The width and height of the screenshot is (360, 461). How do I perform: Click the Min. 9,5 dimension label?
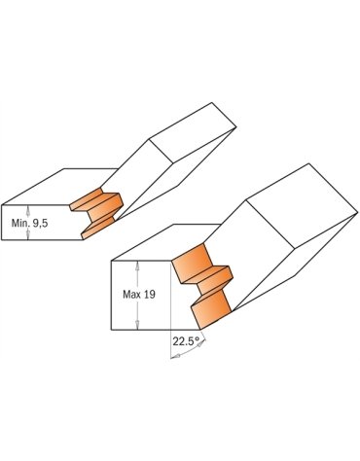(29, 223)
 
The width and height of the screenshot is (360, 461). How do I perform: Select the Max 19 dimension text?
(139, 295)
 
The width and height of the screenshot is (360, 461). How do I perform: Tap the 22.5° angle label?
(186, 341)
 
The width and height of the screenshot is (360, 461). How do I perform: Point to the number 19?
(149, 295)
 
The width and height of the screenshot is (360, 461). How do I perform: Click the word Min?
(19, 223)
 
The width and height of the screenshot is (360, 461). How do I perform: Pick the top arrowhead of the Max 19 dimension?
(137, 266)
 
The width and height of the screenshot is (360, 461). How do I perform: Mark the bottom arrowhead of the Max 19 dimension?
(137, 325)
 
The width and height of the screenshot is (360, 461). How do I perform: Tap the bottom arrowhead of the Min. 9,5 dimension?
(28, 235)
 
